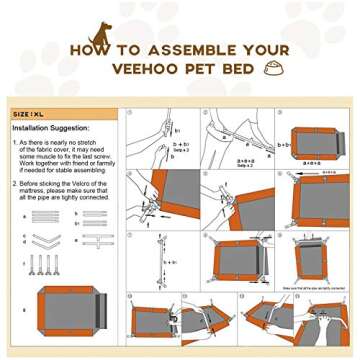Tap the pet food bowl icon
[272, 69]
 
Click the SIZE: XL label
[29, 114]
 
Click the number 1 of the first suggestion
[15, 144]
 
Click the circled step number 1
[129, 114]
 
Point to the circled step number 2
[208, 114]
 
